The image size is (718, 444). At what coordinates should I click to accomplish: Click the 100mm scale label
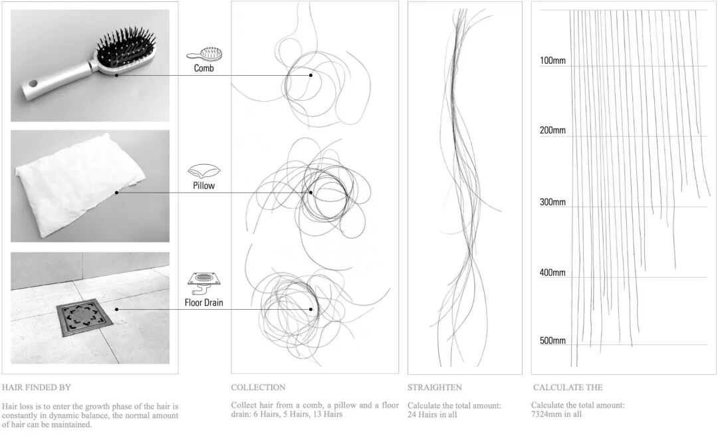(552, 60)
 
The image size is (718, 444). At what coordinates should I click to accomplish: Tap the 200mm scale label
(552, 130)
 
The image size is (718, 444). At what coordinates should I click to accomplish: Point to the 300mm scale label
(552, 202)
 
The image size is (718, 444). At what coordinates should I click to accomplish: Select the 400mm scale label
(552, 273)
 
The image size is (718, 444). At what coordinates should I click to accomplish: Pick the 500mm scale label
(552, 340)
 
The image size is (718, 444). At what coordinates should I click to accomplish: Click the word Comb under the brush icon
(204, 68)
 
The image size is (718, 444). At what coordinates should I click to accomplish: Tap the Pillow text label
(204, 185)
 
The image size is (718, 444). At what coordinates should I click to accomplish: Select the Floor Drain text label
(204, 302)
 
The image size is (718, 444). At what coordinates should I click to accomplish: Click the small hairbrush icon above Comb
(204, 54)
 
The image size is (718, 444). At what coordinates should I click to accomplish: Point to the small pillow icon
(204, 171)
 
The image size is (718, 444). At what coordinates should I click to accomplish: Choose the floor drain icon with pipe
(204, 284)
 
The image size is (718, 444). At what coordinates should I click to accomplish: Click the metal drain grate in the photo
(84, 318)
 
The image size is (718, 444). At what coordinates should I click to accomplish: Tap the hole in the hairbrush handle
(33, 84)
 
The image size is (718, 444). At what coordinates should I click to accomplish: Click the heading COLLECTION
(258, 388)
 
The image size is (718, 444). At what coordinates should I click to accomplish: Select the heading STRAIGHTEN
(435, 388)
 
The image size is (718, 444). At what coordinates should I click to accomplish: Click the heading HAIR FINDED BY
(36, 388)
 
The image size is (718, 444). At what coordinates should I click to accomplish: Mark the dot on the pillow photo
(117, 193)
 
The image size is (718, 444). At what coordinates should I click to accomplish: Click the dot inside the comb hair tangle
(311, 75)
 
